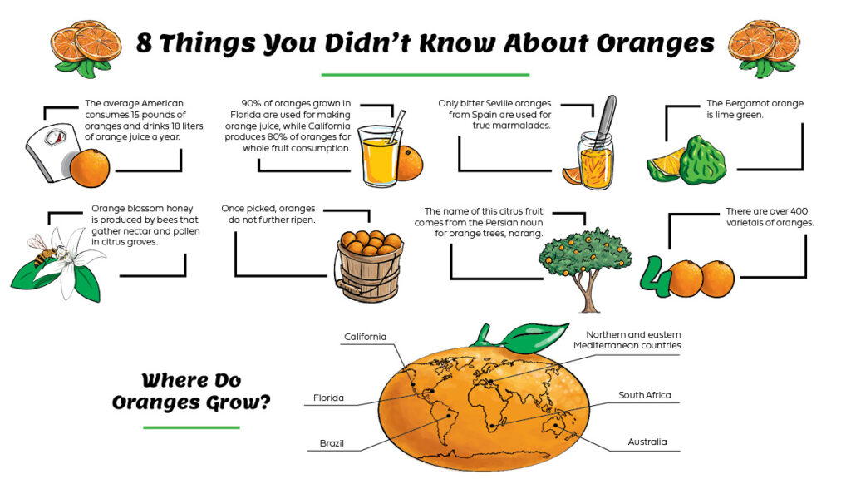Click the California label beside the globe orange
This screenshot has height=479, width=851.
[x=366, y=337]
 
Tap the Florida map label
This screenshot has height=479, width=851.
[x=328, y=398]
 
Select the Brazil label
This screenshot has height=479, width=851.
[x=332, y=443]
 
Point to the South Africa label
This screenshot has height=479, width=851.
[x=645, y=395]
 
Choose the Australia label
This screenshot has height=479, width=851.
[x=647, y=442]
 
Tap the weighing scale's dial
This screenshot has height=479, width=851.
[x=56, y=137]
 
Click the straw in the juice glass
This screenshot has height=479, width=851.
[x=396, y=127]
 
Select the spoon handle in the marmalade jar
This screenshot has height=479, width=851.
[x=606, y=121]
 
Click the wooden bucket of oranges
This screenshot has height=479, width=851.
[x=369, y=266]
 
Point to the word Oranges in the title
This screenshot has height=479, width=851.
[x=656, y=43]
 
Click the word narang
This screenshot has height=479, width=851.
[x=526, y=234]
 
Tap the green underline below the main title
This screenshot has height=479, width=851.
[x=425, y=74]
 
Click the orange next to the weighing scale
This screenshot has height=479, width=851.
[x=90, y=168]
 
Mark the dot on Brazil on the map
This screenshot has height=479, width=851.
[x=449, y=416]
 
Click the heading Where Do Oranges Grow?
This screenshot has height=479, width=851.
[x=191, y=391]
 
